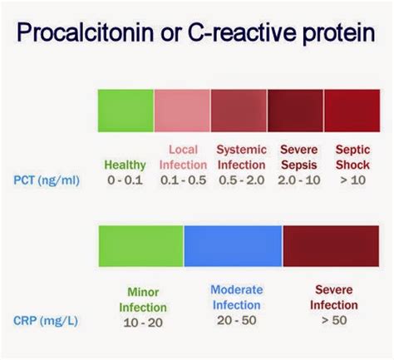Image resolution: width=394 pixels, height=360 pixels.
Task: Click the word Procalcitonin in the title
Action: (x=86, y=32)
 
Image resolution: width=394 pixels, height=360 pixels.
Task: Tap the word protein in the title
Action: (x=339, y=33)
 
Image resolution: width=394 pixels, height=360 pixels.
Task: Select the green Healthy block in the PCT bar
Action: (x=126, y=111)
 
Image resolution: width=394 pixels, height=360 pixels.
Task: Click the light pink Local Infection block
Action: (x=182, y=111)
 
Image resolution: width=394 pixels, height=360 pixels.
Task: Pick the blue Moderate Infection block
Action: (x=233, y=246)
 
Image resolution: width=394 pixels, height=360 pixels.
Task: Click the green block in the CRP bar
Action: (x=141, y=246)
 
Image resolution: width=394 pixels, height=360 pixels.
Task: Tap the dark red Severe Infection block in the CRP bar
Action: (x=331, y=246)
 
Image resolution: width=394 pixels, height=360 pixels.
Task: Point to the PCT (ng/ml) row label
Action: (x=47, y=180)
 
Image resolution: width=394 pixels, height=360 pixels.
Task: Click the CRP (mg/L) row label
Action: (x=46, y=321)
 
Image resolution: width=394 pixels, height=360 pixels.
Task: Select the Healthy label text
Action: (x=125, y=165)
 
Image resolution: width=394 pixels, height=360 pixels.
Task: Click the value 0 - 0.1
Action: (x=125, y=180)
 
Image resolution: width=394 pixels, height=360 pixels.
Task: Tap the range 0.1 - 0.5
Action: (x=183, y=180)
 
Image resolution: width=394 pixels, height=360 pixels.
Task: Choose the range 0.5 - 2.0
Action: (x=241, y=180)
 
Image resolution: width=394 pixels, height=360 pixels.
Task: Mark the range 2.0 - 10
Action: (x=299, y=180)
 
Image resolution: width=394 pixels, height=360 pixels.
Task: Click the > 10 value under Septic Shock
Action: (x=352, y=180)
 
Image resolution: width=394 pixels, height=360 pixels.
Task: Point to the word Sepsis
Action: (x=299, y=165)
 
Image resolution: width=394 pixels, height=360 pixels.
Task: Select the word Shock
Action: (x=352, y=165)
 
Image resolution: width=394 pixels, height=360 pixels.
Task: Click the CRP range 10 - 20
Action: (x=143, y=323)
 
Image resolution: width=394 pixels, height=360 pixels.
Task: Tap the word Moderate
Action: (x=237, y=290)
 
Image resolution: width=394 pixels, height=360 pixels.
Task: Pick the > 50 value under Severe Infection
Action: (x=334, y=320)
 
